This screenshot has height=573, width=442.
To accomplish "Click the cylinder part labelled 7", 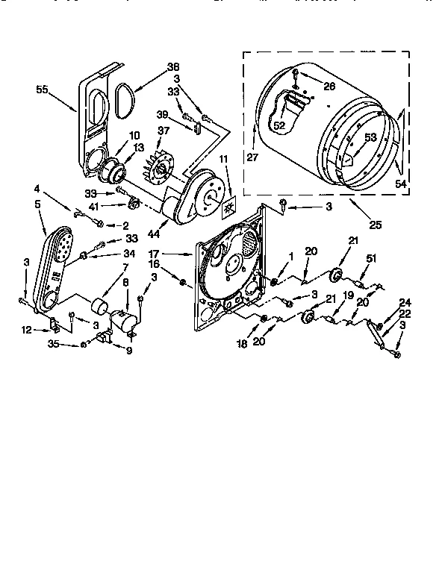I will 96,306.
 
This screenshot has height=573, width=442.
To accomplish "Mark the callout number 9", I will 129,351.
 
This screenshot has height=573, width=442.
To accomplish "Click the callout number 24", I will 405,302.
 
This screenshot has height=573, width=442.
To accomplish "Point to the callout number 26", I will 330,86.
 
